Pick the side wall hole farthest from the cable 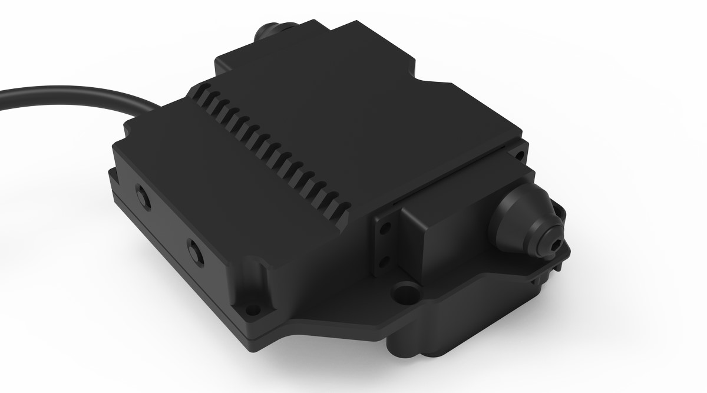[x=193, y=252]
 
